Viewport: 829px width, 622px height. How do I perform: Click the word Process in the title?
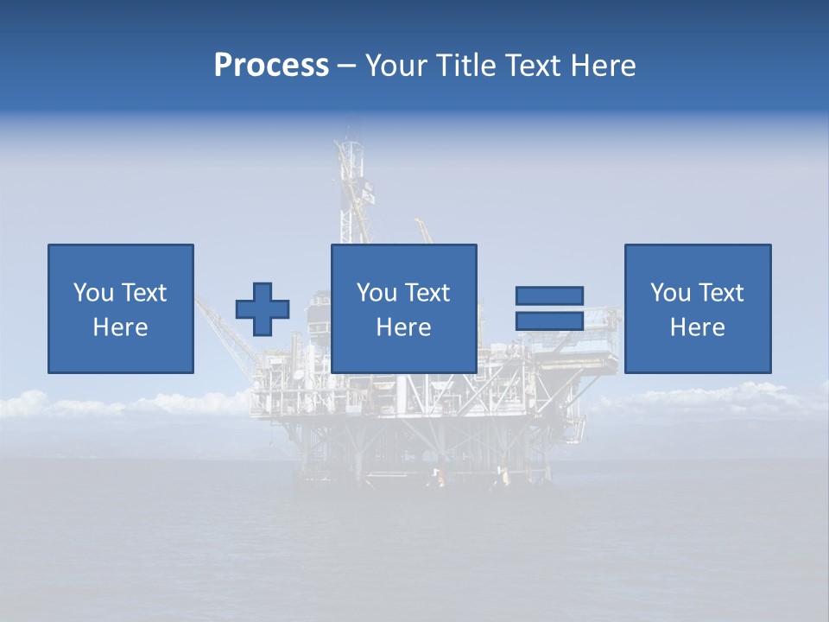[271, 66]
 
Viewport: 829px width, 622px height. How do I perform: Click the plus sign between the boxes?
[263, 309]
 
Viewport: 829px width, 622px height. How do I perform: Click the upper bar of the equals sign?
[549, 295]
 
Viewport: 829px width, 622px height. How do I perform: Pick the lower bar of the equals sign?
[549, 321]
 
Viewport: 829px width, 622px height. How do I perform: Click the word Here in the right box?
[698, 327]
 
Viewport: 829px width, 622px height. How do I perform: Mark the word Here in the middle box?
[404, 327]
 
